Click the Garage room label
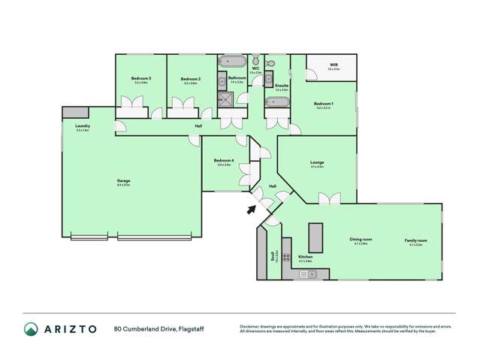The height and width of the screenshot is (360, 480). click(x=123, y=182)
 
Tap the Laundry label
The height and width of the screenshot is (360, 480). click(x=83, y=126)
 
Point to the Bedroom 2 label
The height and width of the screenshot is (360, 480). click(x=189, y=78)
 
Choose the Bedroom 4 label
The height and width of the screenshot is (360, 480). click(x=224, y=160)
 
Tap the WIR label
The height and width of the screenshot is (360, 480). click(x=334, y=65)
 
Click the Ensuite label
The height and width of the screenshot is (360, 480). click(x=282, y=86)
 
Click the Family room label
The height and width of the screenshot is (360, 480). click(x=415, y=240)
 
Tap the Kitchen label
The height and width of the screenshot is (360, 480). click(x=305, y=258)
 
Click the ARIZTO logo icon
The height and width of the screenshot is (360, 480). click(x=31, y=328)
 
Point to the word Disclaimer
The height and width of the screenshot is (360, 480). click(x=251, y=325)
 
